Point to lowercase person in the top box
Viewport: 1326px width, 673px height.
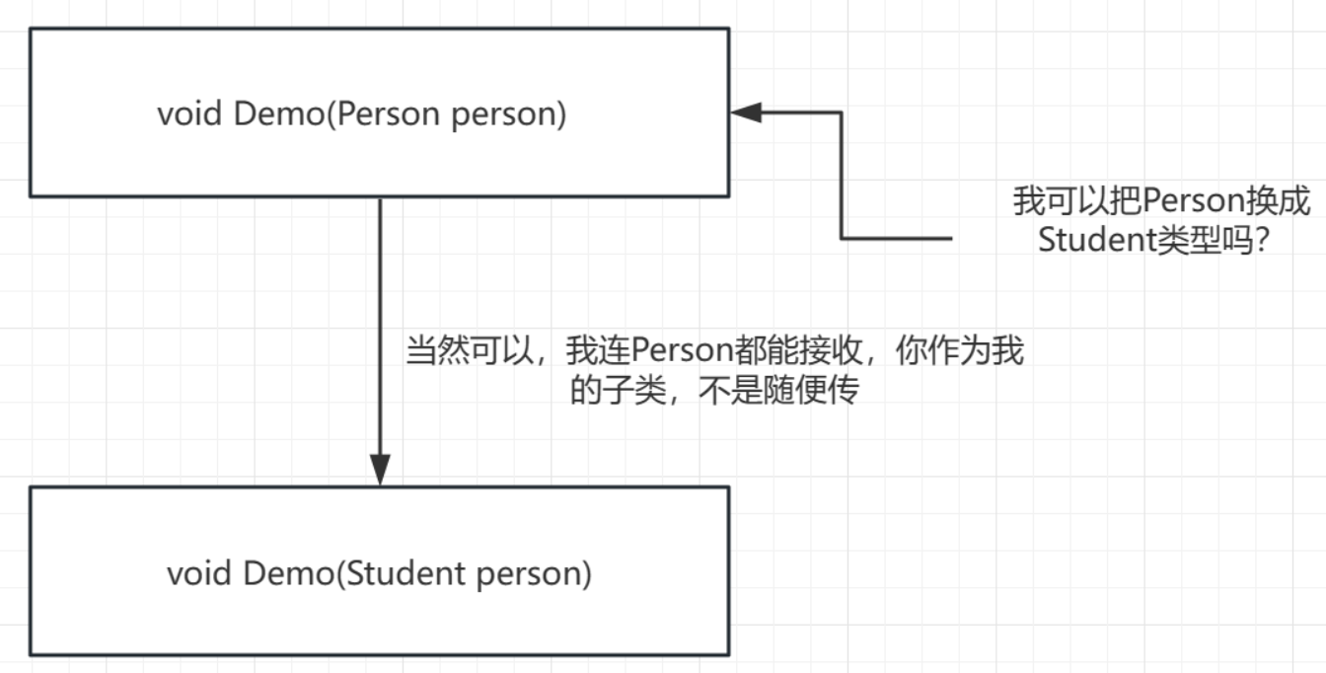[x=508, y=114]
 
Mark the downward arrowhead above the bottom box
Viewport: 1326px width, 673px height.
[x=380, y=469]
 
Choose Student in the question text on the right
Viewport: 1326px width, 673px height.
[x=1095, y=240]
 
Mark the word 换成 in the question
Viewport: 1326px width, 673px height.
[x=1283, y=202]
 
